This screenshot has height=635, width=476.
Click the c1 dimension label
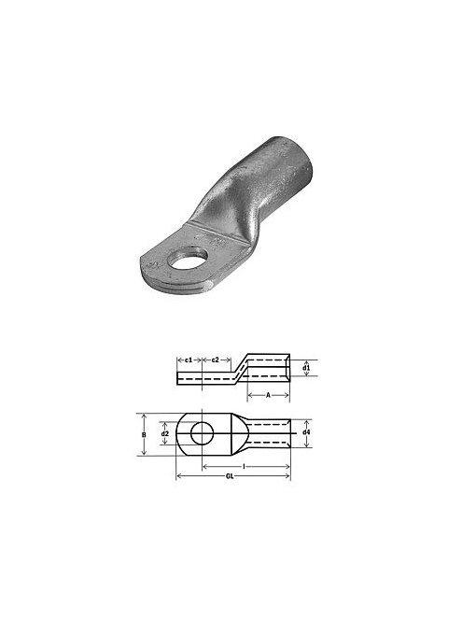[x=189, y=360]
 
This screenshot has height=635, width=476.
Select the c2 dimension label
[x=216, y=360]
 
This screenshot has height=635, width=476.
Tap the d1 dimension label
[x=306, y=368]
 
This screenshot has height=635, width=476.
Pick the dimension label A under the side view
[x=268, y=395]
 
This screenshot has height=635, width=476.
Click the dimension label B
[x=144, y=434]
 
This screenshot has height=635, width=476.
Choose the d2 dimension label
[x=165, y=433]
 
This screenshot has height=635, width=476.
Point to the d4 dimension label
[x=307, y=432]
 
